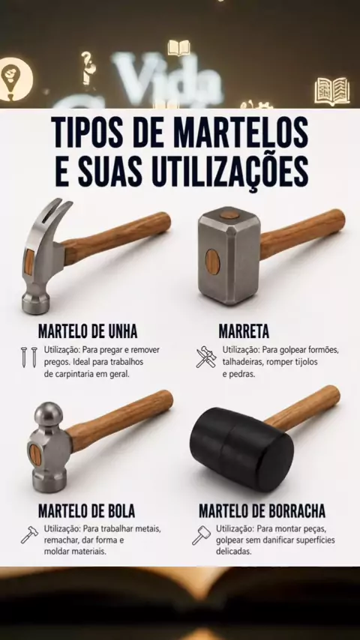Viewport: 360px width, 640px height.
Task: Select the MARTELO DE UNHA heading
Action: pos(88,331)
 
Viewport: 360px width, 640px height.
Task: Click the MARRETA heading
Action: pos(244,331)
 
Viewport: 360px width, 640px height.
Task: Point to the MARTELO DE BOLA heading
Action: pos(87,510)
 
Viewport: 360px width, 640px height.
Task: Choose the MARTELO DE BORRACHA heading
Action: pos(262,510)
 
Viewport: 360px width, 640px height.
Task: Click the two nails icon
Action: pos(29,357)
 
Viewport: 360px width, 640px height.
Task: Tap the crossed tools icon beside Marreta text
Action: pos(206,357)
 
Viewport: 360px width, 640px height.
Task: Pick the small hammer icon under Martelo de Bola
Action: pos(29,535)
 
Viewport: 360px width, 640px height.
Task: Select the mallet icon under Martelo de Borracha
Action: pos(202,535)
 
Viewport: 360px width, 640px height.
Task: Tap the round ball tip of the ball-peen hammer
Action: pos(49,414)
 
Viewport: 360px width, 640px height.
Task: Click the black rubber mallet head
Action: pos(241,449)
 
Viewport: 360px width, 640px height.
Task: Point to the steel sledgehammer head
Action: pos(229,256)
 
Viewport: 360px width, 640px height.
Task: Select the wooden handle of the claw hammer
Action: pos(116,238)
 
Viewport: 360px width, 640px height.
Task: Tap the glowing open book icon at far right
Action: pos(332,91)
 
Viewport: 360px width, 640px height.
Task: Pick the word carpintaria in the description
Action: pos(73,374)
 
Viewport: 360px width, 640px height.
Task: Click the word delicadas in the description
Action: pos(234,551)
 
